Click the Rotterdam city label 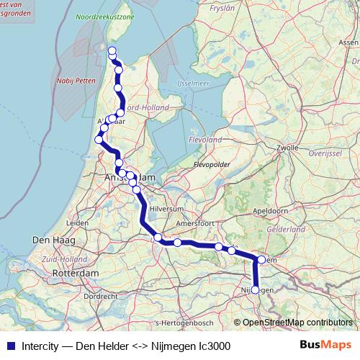coord(75,274)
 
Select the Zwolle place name coord(287,147)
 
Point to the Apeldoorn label coord(270,211)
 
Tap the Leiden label coord(77,224)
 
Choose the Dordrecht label coord(100,296)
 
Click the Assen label coord(348,42)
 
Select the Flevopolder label coord(211,164)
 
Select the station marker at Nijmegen coord(255,289)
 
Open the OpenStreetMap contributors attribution coord(297,322)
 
